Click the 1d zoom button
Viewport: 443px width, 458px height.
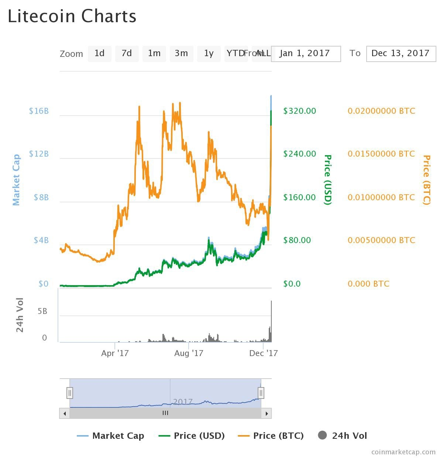[x=99, y=54]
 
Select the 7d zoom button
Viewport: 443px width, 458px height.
[x=127, y=54]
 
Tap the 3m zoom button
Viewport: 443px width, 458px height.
[x=181, y=54]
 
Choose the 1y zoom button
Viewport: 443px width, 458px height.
[x=209, y=54]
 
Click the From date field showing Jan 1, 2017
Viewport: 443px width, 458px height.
[x=306, y=54]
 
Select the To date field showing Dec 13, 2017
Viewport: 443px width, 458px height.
[x=401, y=54]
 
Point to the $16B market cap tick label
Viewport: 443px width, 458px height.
[x=39, y=111]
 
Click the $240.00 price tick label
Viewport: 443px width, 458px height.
[x=299, y=154]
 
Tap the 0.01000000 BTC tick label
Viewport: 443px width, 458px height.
[x=381, y=198]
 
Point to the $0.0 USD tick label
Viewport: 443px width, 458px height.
[x=292, y=284]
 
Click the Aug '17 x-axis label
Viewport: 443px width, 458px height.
[x=189, y=353]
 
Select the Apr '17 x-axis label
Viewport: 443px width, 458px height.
[x=115, y=353]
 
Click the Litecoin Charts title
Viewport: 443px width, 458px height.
[x=72, y=17]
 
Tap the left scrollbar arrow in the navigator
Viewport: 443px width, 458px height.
[x=65, y=413]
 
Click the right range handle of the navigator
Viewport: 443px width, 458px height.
[x=261, y=393]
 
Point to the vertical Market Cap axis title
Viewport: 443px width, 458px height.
[x=16, y=180]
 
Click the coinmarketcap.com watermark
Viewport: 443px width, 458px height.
[x=403, y=452]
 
